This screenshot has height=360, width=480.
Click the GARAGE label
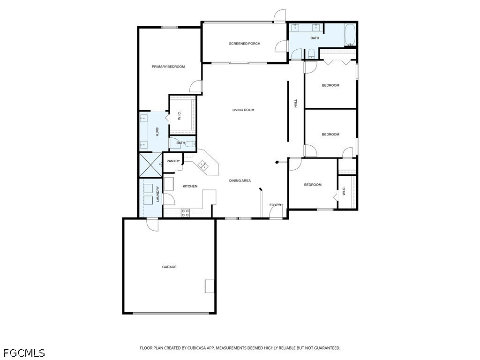[169, 267]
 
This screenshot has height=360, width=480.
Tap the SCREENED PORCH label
[245, 44]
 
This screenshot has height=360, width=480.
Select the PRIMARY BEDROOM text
[168, 67]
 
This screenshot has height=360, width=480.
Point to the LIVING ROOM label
[243, 110]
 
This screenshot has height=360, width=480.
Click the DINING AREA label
[240, 180]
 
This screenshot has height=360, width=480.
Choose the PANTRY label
[173, 161]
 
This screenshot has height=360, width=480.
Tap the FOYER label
[275, 205]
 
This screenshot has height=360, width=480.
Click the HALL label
[296, 104]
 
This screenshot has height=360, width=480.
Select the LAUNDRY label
[158, 194]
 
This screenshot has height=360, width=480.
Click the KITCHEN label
[190, 186]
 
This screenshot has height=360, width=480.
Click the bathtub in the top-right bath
[350, 35]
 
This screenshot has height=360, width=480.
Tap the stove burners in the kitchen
[185, 213]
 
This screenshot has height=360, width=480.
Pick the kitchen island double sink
[203, 165]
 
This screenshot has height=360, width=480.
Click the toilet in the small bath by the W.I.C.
[190, 143]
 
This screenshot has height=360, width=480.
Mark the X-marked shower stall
[150, 165]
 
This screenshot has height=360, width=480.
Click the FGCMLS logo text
[23, 353]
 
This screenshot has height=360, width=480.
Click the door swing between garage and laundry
[152, 225]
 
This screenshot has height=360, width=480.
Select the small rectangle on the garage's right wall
[210, 286]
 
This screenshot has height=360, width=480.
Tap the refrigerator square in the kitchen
[169, 184]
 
